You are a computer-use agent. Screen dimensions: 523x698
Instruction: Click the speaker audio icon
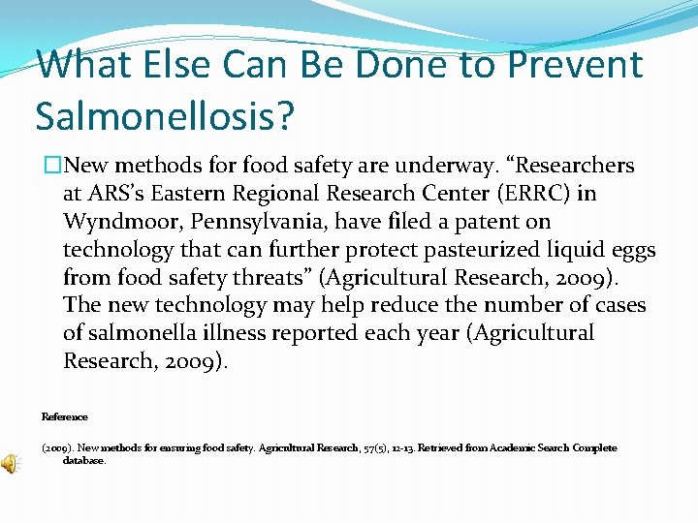pos(9,465)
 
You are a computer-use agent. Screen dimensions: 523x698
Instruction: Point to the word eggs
pos(631,250)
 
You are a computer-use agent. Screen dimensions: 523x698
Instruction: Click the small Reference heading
pos(64,416)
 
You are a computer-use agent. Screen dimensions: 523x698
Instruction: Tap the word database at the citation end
pos(83,461)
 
